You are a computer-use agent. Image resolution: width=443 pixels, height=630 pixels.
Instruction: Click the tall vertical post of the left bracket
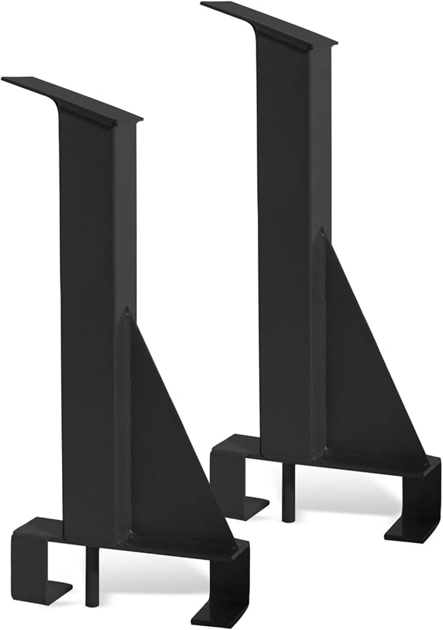coord(88,293)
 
